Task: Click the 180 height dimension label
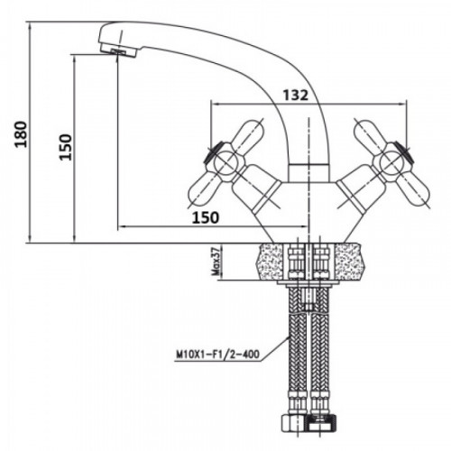tap(21, 133)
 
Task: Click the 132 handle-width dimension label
tap(296, 96)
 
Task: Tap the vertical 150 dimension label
tap(66, 147)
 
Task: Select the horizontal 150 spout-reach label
tap(206, 217)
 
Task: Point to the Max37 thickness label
tap(215, 261)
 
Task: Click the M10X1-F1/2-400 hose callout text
tap(217, 354)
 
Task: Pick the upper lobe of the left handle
tap(247, 133)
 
